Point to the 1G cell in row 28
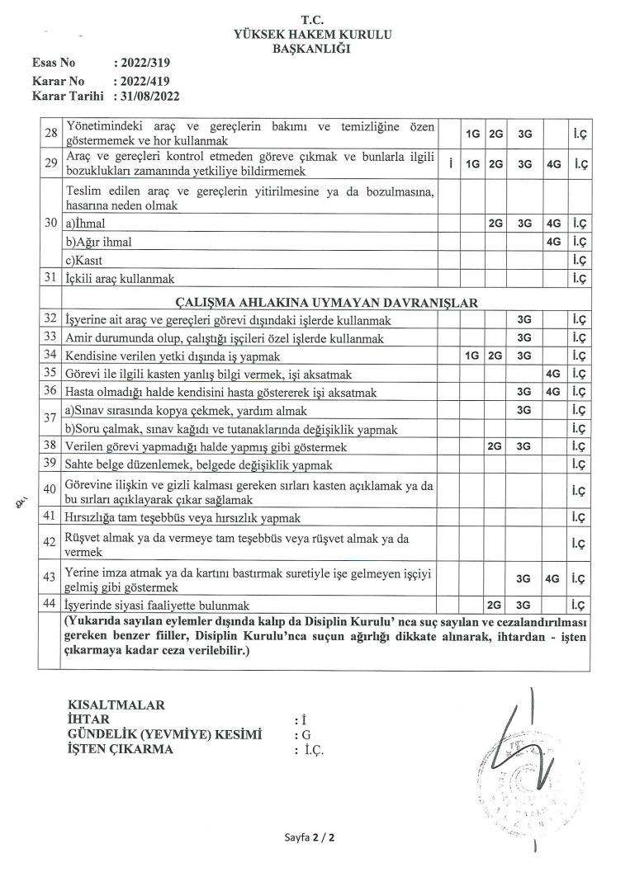coord(472,133)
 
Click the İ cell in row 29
coord(451,164)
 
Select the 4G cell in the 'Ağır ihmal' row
coord(553,242)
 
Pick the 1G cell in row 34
coord(472,356)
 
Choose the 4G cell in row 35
coord(553,373)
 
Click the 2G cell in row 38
coord(495,446)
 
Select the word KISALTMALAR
coord(115,705)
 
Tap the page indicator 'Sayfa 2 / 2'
coord(310,837)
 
